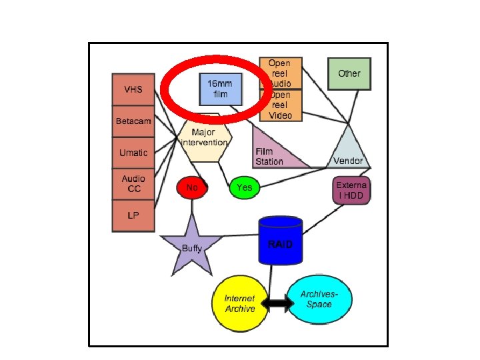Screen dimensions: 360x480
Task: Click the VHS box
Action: (x=133, y=90)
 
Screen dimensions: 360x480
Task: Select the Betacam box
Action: (x=133, y=122)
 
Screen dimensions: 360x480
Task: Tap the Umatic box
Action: (x=133, y=153)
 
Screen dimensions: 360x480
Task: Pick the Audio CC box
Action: (x=133, y=184)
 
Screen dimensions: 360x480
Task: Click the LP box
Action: (x=133, y=216)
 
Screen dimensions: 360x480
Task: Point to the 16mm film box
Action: (x=221, y=89)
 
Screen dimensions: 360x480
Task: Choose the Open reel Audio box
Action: (x=281, y=73)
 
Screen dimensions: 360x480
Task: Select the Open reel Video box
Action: (x=281, y=105)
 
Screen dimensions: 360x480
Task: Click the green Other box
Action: (x=349, y=73)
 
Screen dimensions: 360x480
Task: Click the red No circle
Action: (x=192, y=188)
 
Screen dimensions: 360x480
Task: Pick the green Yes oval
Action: (x=244, y=188)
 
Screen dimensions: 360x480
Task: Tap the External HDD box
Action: (x=351, y=190)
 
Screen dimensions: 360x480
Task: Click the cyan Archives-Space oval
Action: (x=319, y=300)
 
